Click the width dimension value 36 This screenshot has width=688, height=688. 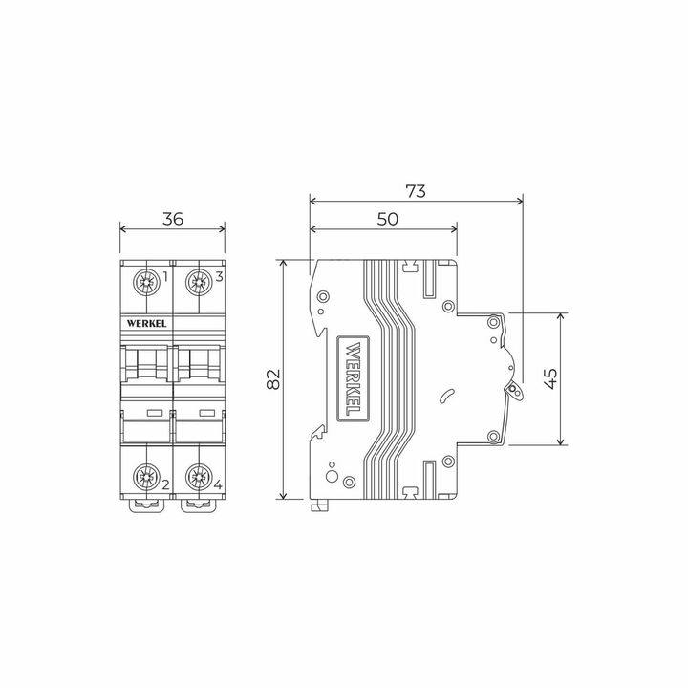click(172, 219)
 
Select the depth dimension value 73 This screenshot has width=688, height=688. click(416, 190)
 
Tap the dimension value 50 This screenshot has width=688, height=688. click(387, 219)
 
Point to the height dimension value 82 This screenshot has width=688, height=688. click(272, 379)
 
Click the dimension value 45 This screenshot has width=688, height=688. click(550, 379)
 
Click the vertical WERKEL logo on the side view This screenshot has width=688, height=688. click(351, 379)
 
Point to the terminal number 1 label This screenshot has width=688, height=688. click(165, 277)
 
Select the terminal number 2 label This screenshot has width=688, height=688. click(165, 484)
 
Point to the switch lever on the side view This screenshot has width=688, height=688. click(516, 390)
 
